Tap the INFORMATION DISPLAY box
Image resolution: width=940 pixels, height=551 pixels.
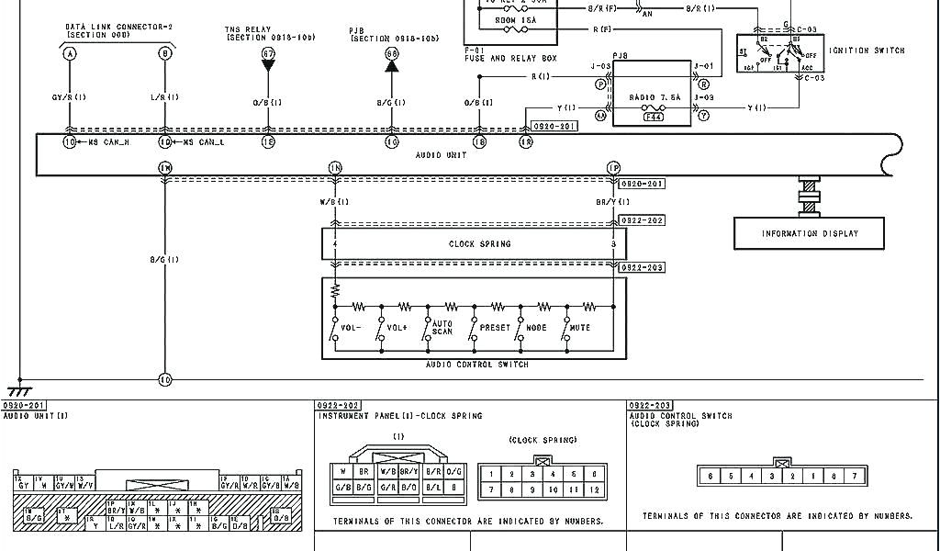[x=810, y=233]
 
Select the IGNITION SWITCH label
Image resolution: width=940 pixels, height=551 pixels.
[x=867, y=51]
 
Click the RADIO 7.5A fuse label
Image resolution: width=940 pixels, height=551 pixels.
[x=655, y=96]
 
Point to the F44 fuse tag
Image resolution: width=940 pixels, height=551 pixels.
[x=653, y=117]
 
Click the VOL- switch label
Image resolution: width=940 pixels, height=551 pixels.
[x=352, y=328]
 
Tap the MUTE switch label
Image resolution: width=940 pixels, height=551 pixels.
[x=579, y=328]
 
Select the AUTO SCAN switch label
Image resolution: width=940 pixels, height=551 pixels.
[x=442, y=328]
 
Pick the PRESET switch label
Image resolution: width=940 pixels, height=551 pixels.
[x=495, y=328]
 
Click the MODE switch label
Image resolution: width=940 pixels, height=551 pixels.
[x=536, y=328]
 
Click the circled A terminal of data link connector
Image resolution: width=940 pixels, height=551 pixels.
[x=69, y=54]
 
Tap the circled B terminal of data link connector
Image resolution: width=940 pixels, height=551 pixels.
[x=165, y=54]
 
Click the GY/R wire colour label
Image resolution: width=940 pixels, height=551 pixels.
[x=69, y=97]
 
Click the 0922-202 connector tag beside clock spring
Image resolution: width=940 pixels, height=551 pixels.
[x=642, y=220]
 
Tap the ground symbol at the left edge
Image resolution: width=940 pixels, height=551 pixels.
[x=18, y=390]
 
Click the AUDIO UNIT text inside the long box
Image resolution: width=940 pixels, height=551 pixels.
[x=441, y=155]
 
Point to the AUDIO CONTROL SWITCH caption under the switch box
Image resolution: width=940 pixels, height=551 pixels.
[x=476, y=365]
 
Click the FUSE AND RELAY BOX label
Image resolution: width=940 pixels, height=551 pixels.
[x=510, y=59]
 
